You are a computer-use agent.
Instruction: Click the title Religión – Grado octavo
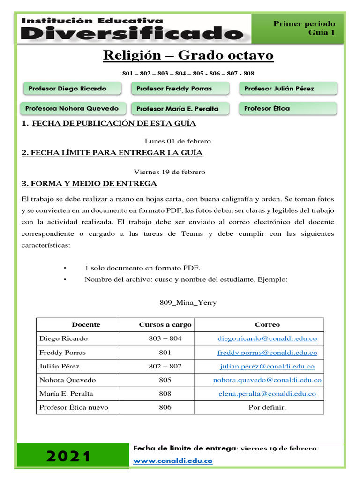coord(188,56)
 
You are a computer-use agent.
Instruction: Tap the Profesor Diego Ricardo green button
coord(70,89)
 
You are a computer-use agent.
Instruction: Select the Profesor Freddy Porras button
coord(180,89)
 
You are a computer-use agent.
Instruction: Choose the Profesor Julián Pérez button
coord(288,89)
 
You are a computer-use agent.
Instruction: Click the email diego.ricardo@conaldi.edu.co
coord(267,338)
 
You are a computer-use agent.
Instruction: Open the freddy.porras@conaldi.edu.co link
coord(267,352)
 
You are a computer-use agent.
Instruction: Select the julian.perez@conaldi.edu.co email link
coord(267,366)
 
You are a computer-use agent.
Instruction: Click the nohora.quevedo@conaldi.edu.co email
coord(267,380)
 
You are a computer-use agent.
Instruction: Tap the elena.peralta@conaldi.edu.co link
coord(267,394)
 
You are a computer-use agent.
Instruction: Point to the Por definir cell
coord(267,408)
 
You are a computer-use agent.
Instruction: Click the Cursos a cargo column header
coord(165,324)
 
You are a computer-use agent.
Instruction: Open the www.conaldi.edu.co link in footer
coord(173,461)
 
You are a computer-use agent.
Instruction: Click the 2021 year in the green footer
coord(68,456)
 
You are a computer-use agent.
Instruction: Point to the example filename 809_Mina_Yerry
coord(188,303)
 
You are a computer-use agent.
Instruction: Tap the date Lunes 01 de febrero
coord(178,141)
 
